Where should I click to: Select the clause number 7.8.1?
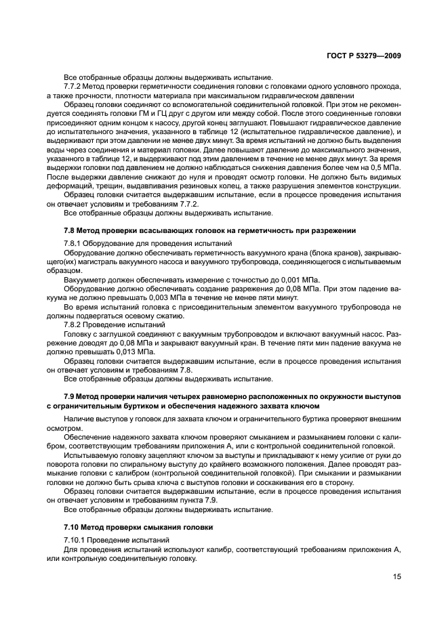tap(74, 242)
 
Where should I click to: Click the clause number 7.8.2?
tap(74, 324)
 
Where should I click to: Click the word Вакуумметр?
tap(87, 279)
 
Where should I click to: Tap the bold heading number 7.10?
tap(73, 526)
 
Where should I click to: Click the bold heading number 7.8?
tap(70, 230)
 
